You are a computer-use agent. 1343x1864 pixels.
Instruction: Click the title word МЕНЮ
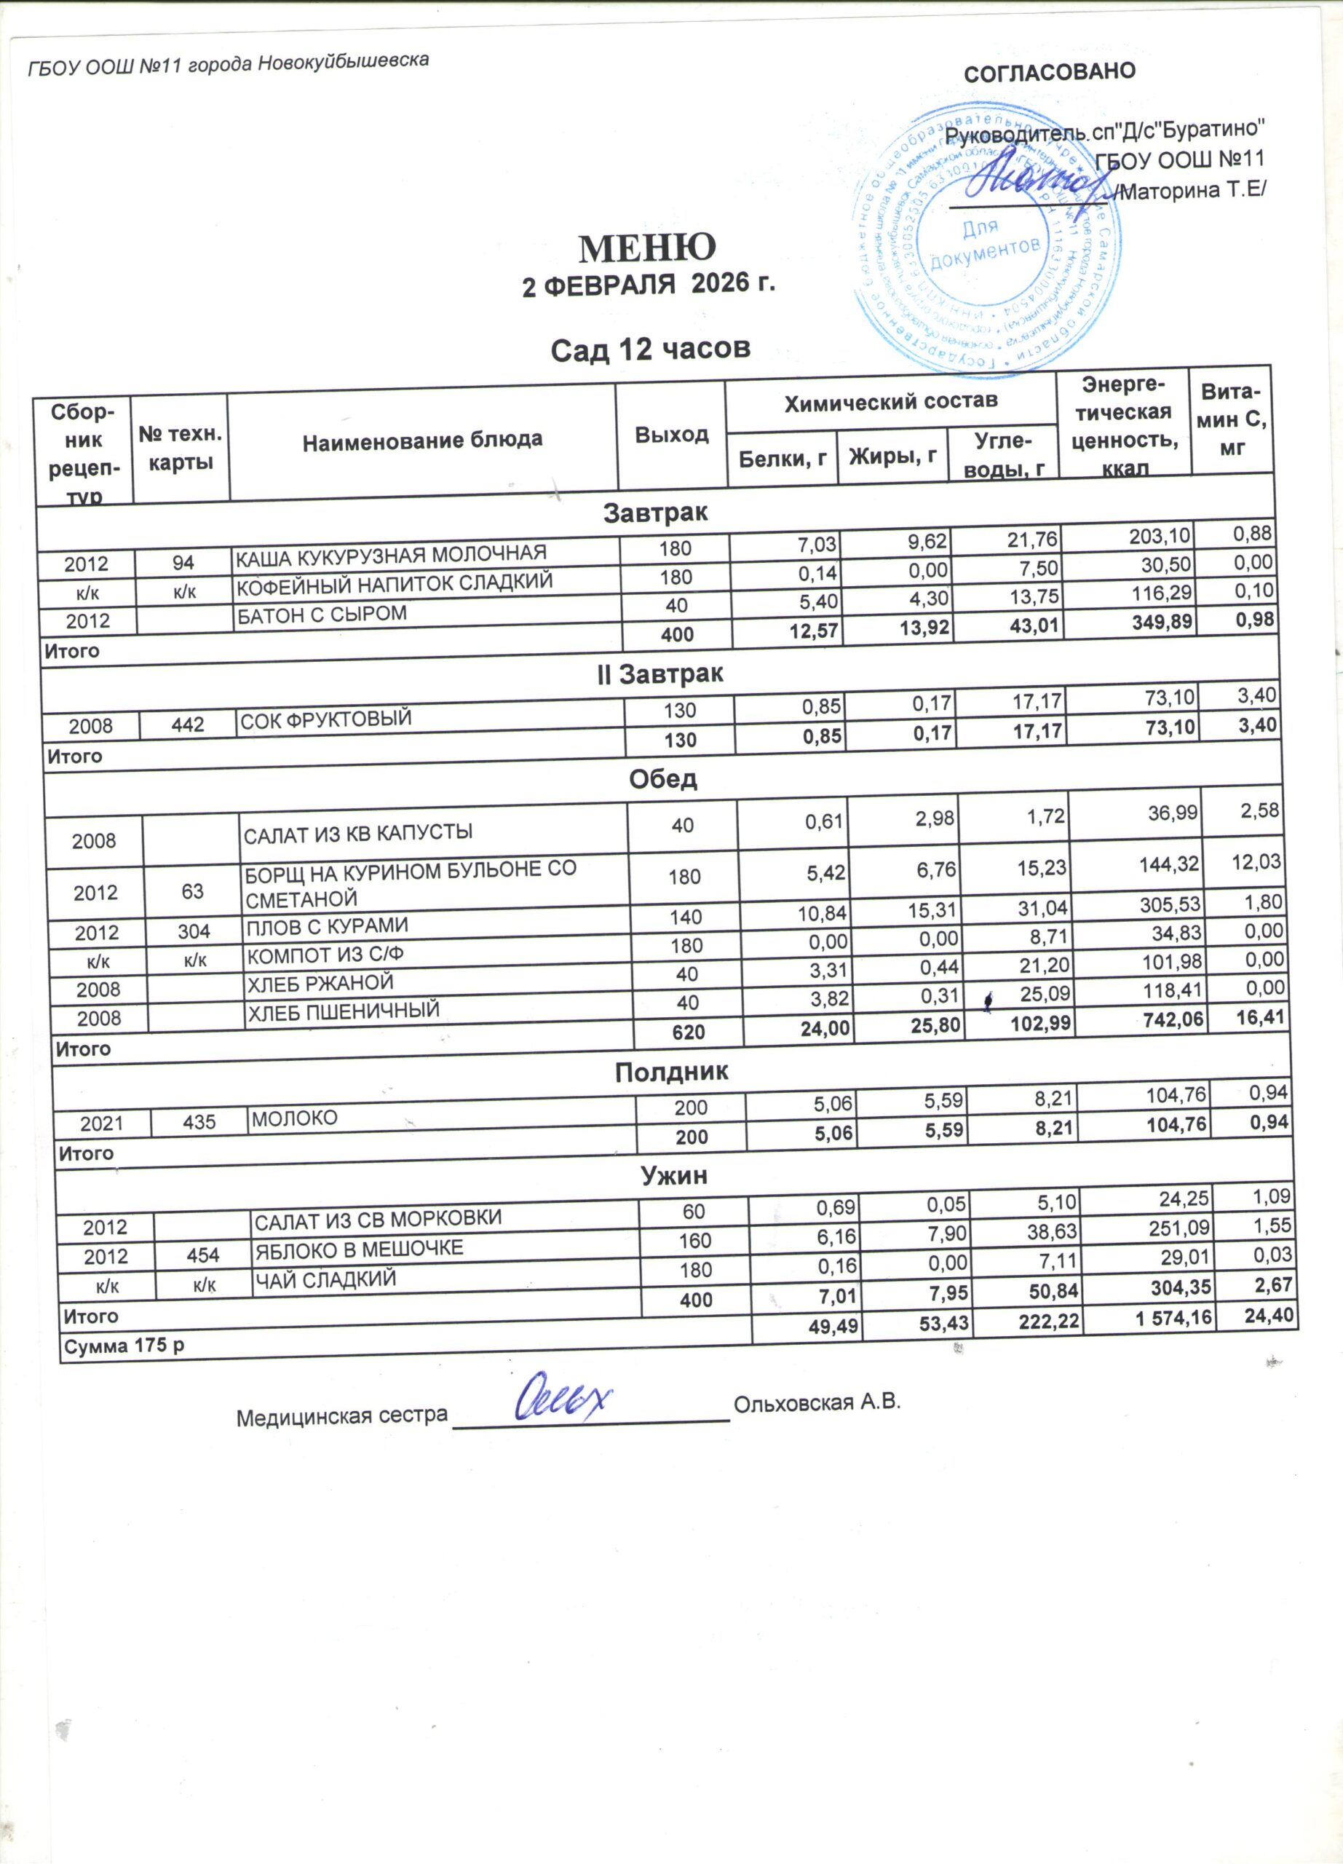click(x=647, y=247)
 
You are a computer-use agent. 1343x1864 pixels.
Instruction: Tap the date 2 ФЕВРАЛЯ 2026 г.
click(x=649, y=285)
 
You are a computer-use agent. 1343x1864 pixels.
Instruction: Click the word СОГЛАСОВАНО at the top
click(x=1049, y=72)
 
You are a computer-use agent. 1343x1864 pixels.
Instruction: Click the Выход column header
click(x=671, y=434)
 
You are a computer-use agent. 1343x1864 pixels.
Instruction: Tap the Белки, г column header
click(x=782, y=458)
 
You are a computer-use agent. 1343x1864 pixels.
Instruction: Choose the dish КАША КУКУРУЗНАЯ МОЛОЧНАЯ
click(x=391, y=555)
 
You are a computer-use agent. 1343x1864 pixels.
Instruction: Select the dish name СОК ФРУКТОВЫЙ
click(x=325, y=719)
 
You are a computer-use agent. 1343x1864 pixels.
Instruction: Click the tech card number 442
click(x=187, y=725)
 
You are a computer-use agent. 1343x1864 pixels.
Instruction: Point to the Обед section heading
click(x=663, y=779)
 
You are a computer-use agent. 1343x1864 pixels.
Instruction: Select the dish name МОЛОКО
click(x=294, y=1118)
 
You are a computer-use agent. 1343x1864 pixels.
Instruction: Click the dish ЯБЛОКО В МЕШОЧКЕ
click(x=359, y=1249)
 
